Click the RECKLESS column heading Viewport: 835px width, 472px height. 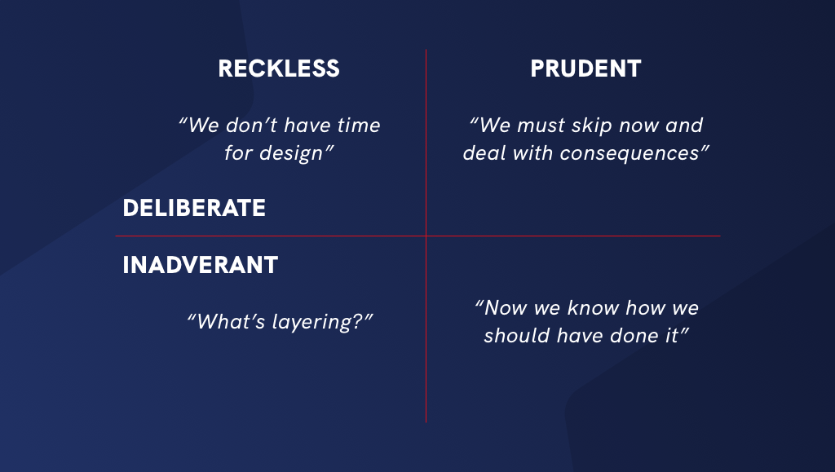(x=279, y=68)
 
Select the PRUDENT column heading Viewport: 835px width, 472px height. (x=585, y=68)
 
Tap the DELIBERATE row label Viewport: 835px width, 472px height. (x=194, y=208)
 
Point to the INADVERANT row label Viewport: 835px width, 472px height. (x=201, y=265)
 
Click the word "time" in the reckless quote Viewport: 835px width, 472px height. (x=359, y=126)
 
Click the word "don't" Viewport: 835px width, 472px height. (x=251, y=126)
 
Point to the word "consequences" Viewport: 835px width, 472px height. (x=630, y=154)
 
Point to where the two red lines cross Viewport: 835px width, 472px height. (x=426, y=236)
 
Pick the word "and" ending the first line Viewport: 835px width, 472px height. (x=684, y=126)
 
